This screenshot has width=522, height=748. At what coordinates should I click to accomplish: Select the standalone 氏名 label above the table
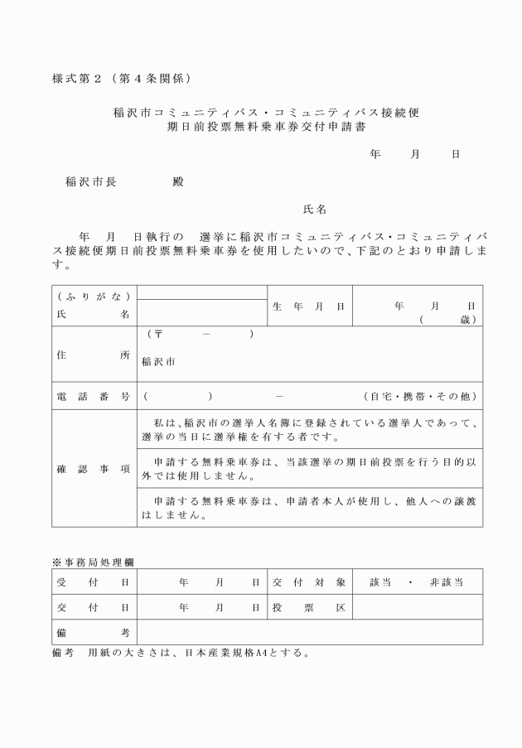316,209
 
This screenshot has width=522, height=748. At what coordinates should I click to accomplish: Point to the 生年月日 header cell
308,306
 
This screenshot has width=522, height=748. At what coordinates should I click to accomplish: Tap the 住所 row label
94,354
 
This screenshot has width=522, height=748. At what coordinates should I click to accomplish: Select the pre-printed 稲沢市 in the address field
158,362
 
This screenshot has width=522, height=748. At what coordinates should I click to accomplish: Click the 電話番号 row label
94,396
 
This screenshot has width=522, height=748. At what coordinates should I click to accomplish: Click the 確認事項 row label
94,469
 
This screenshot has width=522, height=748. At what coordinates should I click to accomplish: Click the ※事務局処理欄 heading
94,562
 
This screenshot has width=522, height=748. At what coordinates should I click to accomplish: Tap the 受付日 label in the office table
94,582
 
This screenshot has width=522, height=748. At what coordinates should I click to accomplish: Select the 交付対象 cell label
308,582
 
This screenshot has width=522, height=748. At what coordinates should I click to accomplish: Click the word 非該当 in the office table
446,582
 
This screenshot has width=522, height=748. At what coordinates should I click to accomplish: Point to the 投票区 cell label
308,607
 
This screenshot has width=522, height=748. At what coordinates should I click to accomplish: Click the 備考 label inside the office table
94,632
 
